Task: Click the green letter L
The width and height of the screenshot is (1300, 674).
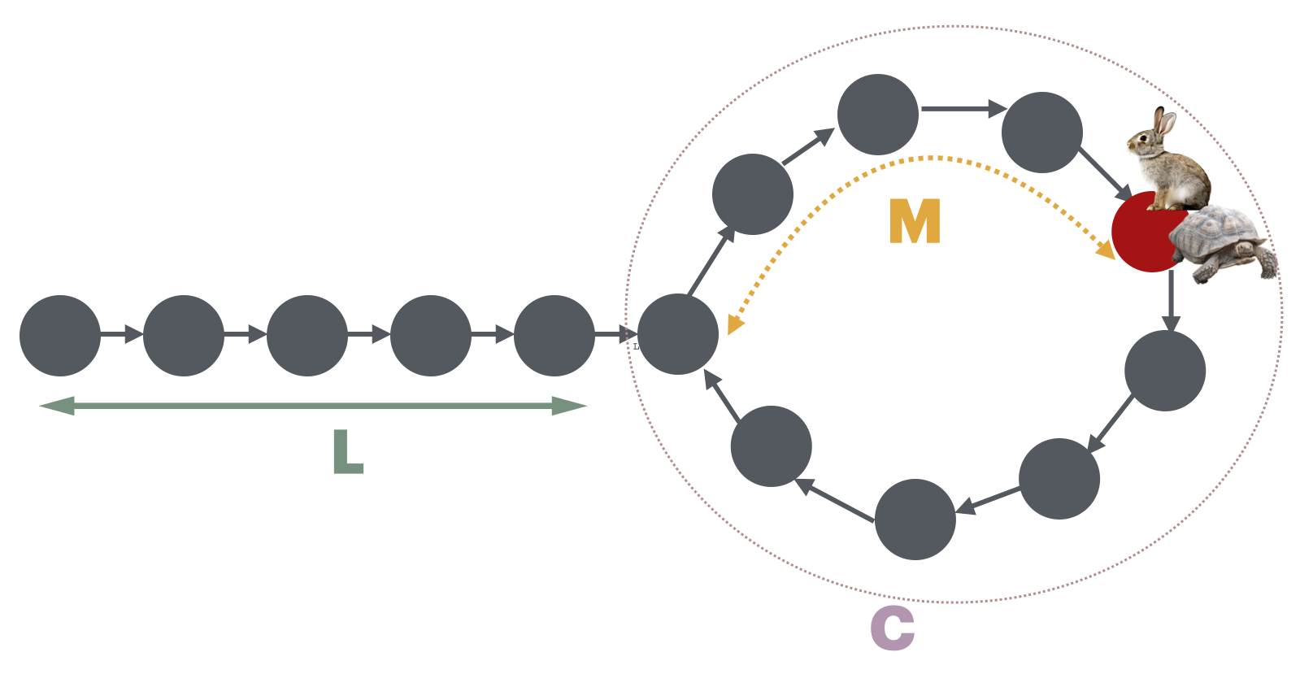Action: coord(347,452)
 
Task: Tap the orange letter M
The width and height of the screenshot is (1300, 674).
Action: coord(915,221)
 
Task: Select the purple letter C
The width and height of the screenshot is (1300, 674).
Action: coord(892,628)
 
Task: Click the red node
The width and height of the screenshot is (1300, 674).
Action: coord(1142,236)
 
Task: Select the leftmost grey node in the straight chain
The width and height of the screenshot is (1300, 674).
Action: coord(60,335)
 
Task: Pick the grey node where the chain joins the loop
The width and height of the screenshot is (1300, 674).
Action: coord(677,334)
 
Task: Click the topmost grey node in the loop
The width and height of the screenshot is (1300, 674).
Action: coord(877,115)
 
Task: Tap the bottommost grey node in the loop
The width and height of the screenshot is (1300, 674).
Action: coord(915,520)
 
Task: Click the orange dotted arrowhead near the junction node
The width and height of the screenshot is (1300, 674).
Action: coord(734,324)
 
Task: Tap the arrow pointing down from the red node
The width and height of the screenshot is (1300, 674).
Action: coord(1171,301)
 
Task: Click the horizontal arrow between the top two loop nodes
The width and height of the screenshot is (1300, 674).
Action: coord(963,108)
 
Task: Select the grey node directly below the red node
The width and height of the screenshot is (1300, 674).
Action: coord(1164,371)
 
